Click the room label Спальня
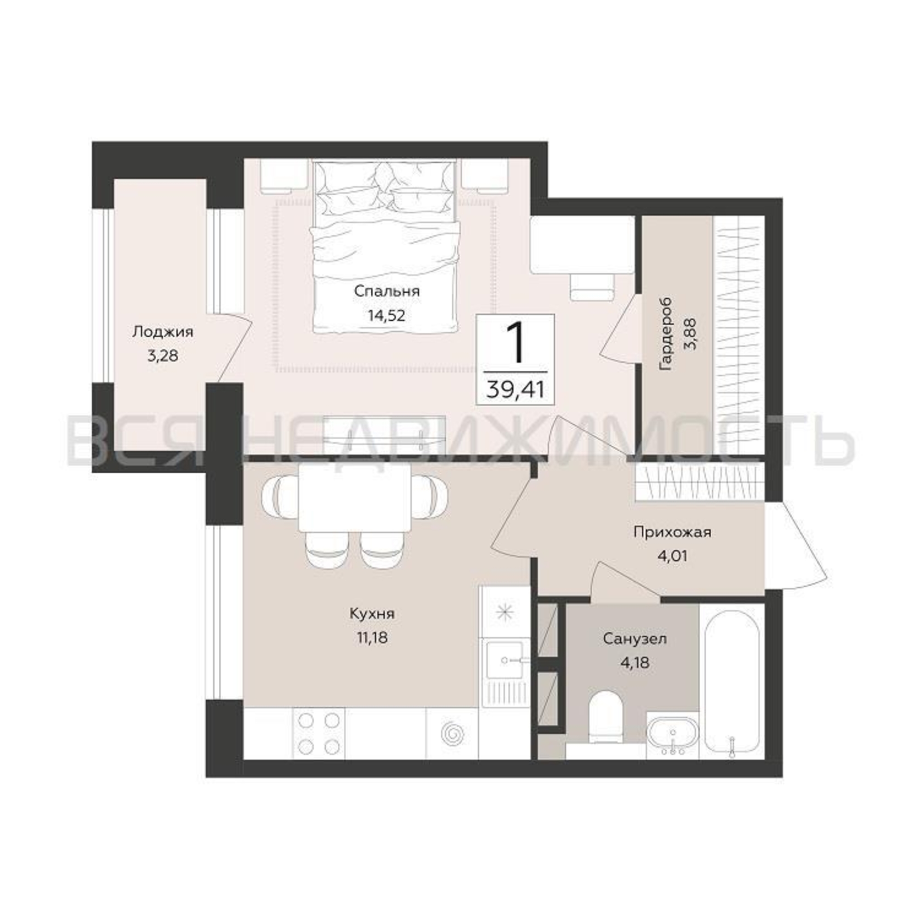(387, 292)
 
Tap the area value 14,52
(386, 315)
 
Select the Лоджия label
(163, 332)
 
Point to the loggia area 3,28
(163, 355)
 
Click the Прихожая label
(672, 532)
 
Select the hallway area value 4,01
(672, 556)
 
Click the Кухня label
(372, 614)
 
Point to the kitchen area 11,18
(373, 637)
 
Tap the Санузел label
(635, 638)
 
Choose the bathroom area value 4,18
(635, 662)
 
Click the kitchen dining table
(355, 497)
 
